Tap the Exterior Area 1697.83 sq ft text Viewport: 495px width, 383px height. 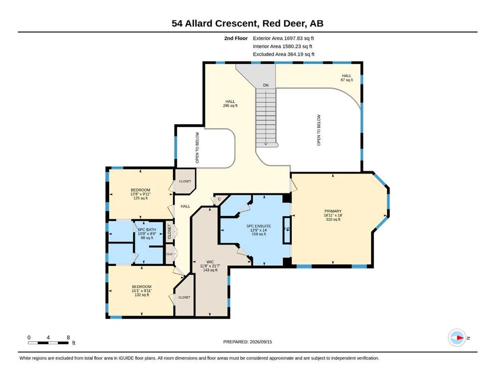[283, 38]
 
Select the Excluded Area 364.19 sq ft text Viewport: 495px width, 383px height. [284, 54]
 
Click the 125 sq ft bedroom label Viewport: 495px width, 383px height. [141, 194]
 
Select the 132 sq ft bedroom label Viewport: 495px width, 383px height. [142, 291]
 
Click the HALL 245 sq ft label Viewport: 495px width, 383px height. [230, 104]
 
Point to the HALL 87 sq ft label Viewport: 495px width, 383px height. [346, 78]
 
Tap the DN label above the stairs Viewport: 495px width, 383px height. [266, 85]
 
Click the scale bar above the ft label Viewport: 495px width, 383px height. [48, 343]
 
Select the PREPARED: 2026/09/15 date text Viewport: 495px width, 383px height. [247, 342]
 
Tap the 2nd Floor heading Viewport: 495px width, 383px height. [236, 38]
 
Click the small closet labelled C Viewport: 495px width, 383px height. [219, 199]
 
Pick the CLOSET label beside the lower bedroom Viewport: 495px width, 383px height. [184, 297]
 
